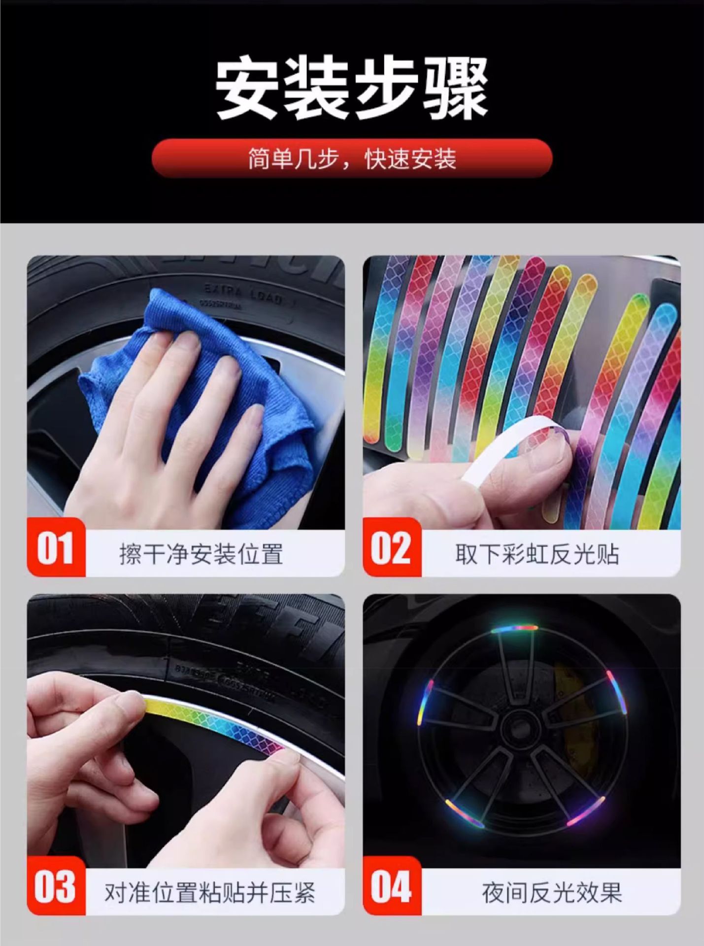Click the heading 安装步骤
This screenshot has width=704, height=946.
click(352, 89)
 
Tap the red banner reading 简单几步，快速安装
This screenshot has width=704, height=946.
click(352, 159)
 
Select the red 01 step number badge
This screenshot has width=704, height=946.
click(56, 548)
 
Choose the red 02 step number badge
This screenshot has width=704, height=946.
click(392, 548)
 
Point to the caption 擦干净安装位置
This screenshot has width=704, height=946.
click(201, 554)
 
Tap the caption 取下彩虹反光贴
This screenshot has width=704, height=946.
click(537, 554)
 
